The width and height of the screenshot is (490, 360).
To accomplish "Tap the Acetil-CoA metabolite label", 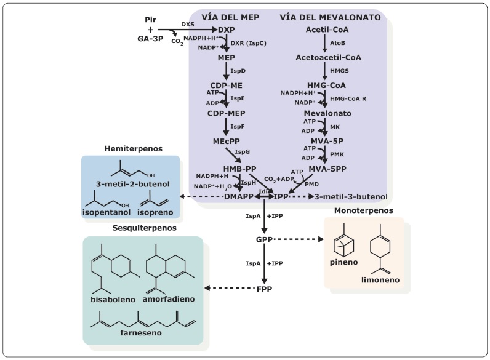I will point(326,30).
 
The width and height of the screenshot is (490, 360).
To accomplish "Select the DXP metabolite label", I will point(227,30).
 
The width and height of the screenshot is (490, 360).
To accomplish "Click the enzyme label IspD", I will point(238,71).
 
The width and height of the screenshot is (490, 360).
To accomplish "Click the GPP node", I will point(264,238).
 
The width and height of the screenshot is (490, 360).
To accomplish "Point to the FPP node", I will point(264,287).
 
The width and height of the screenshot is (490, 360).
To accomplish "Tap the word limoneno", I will point(381,281).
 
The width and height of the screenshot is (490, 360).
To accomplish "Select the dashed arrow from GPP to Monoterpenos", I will point(298,238).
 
